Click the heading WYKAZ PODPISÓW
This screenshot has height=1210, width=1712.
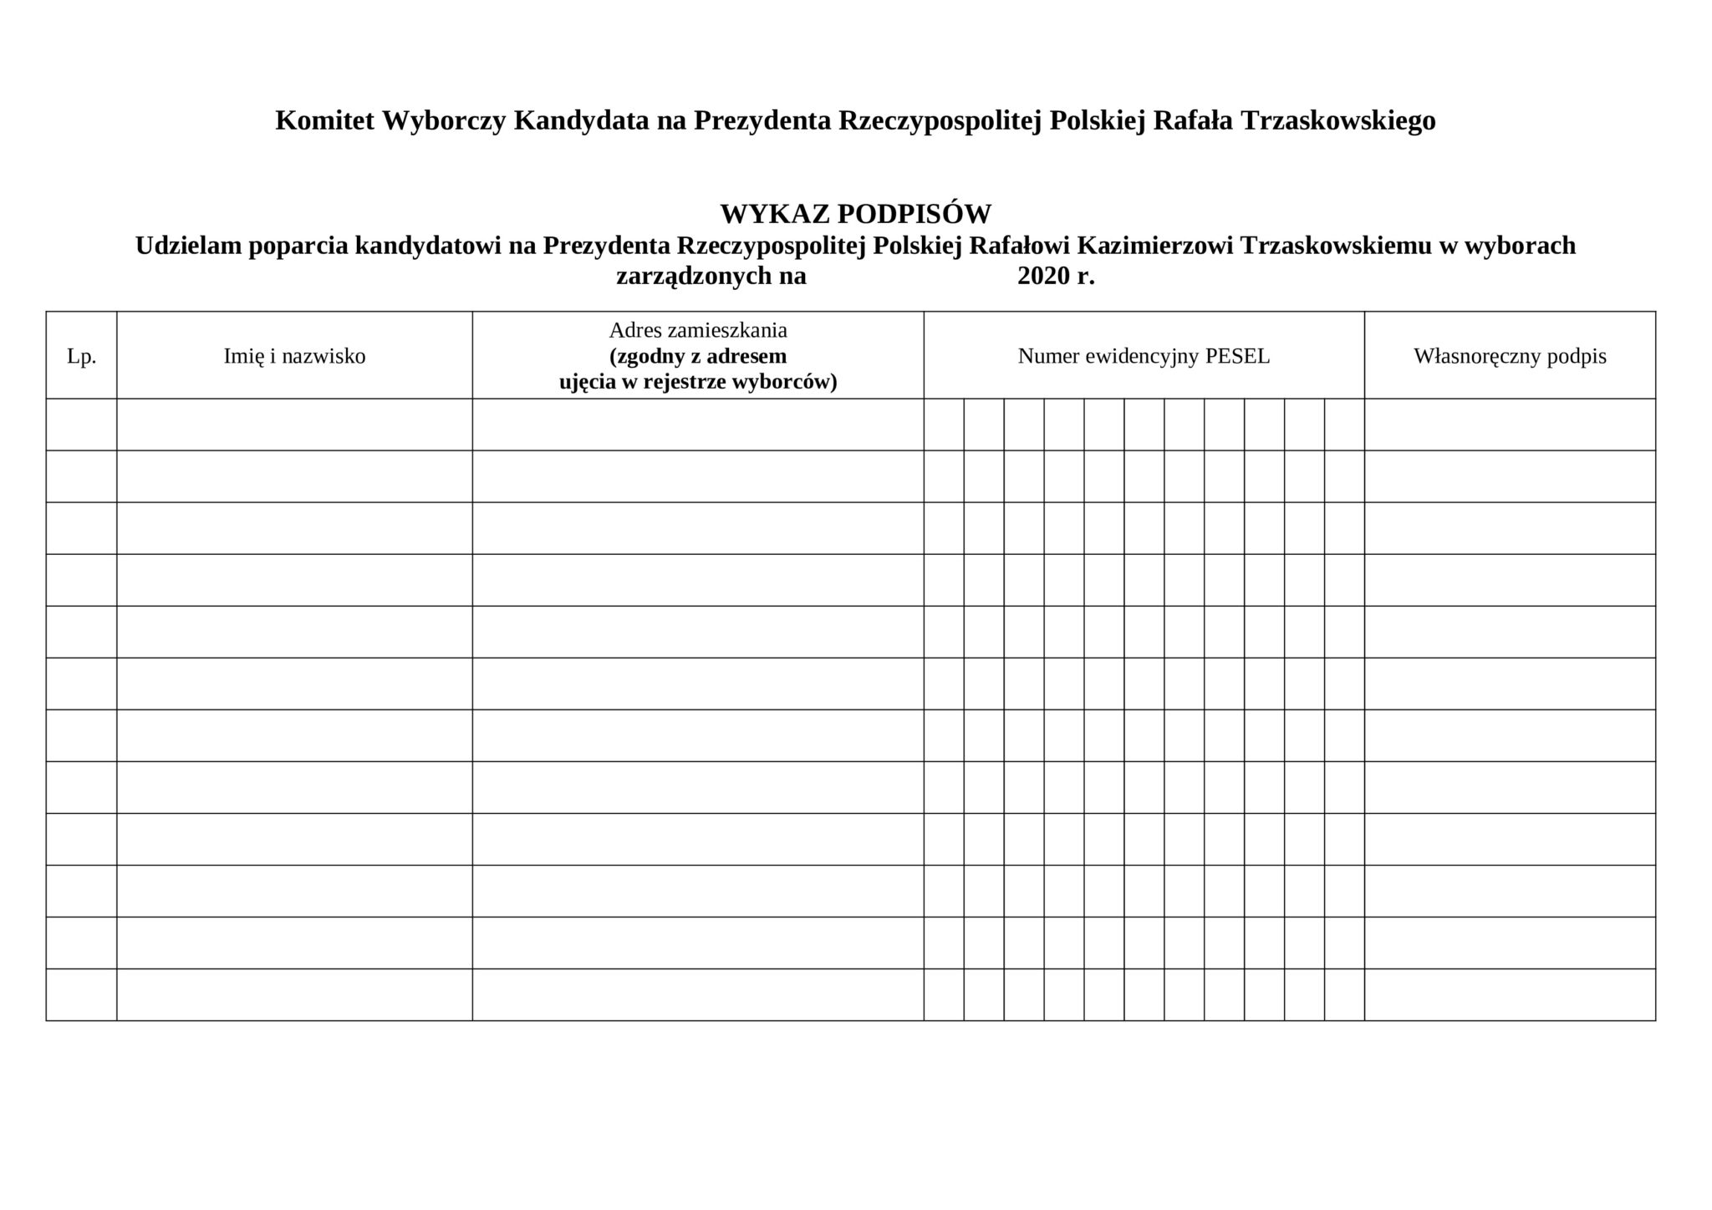point(855,215)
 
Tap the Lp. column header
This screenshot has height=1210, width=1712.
point(81,357)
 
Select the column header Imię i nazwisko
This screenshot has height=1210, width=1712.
point(294,357)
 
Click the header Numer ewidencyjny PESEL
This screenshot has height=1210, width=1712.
point(1144,357)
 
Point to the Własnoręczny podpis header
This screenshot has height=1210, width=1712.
point(1510,357)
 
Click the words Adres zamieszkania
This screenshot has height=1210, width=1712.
point(698,330)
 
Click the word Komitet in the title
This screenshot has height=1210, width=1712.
point(324,121)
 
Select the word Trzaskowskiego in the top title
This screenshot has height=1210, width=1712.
point(1338,121)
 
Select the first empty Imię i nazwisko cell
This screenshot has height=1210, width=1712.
point(294,425)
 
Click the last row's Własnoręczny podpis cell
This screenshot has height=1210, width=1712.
point(1510,994)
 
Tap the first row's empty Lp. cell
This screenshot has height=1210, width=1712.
point(81,425)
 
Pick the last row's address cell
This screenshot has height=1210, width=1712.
point(698,994)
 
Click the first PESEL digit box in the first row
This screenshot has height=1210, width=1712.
point(944,425)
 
